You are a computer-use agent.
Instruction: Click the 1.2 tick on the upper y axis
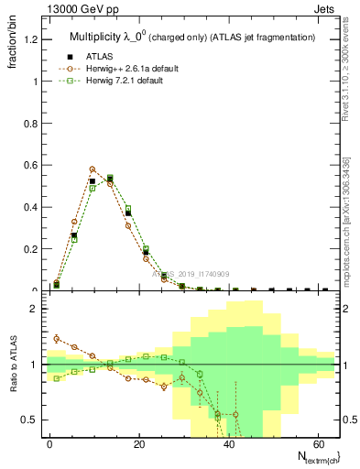(32, 39)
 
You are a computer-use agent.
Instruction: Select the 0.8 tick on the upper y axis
(32, 123)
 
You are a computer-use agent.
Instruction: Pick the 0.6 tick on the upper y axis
(32, 165)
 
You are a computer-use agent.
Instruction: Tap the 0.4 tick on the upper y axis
(32, 207)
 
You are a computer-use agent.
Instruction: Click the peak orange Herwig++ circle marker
(93, 169)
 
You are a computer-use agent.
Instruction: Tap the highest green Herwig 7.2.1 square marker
(110, 178)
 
